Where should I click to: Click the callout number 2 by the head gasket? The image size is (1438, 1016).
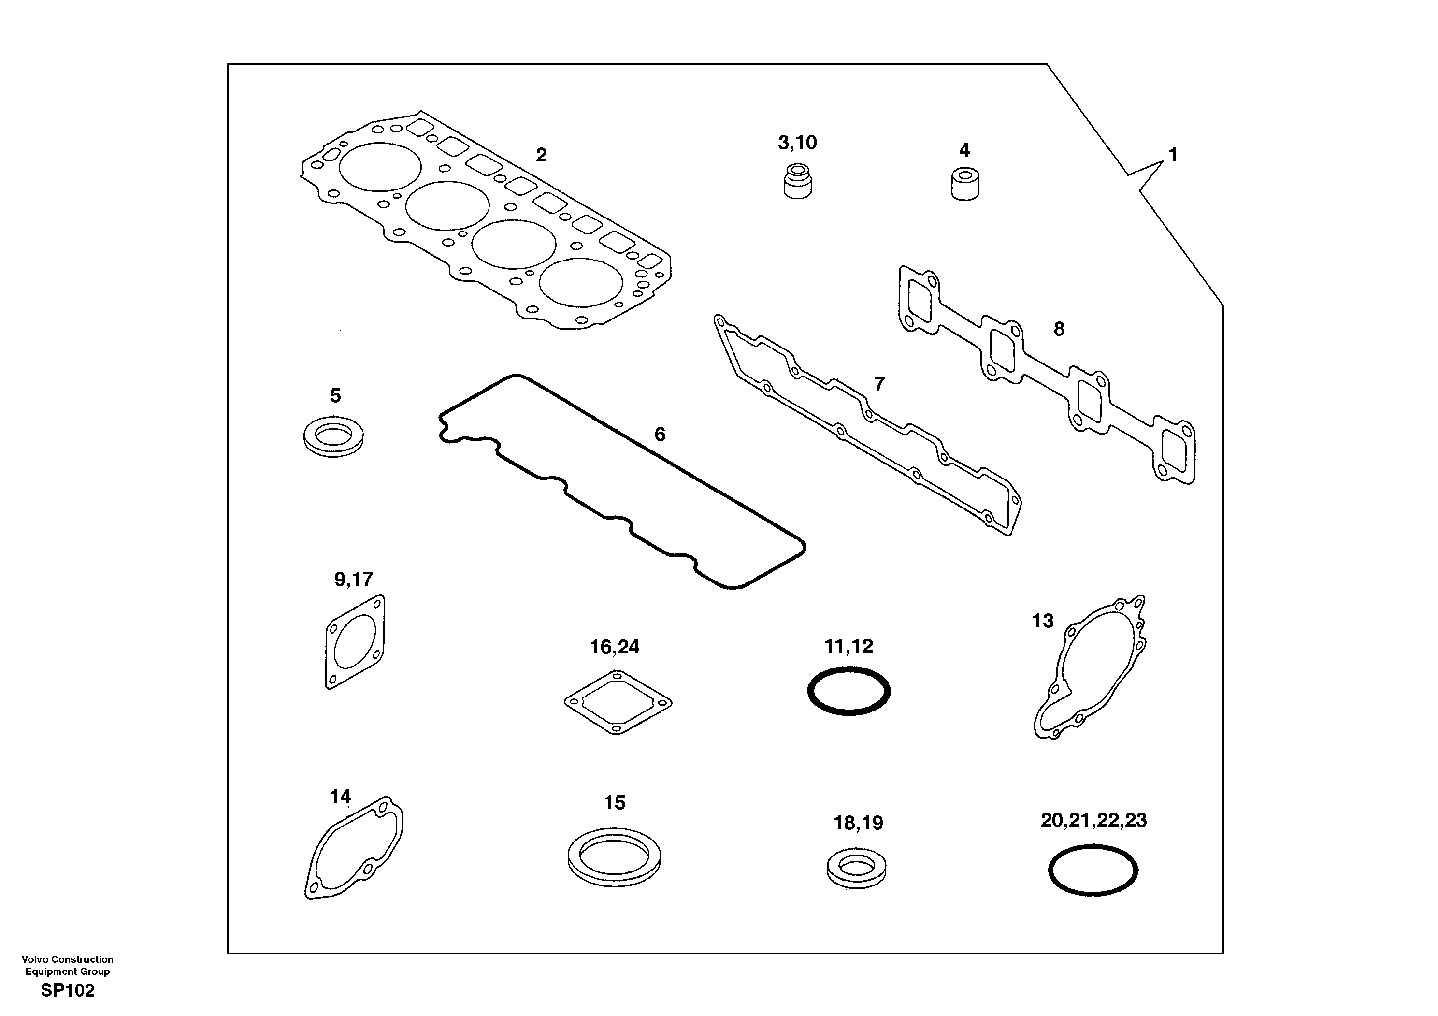coord(541,155)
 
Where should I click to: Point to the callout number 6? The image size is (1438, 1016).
coord(660,434)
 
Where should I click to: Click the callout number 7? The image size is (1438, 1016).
coord(879,383)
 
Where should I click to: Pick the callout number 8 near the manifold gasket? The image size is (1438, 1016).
coord(1059,329)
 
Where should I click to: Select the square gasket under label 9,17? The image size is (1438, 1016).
coord(355,641)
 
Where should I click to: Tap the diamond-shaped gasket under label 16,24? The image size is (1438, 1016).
coord(618,702)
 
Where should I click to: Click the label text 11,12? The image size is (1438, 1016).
coord(848,646)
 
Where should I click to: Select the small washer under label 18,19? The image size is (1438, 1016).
coord(856,868)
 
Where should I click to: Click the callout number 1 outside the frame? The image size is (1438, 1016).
coord(1173,155)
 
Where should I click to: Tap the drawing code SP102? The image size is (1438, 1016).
coord(68,990)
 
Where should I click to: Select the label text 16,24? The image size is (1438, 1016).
coord(615,647)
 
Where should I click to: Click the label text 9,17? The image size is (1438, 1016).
coord(353,580)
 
